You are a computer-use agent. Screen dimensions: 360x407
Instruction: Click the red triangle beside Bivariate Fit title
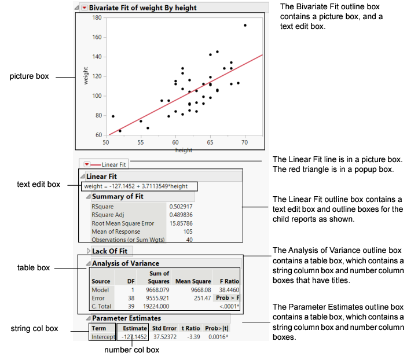[x=85, y=8]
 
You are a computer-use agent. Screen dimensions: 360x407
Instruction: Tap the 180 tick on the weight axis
[x=97, y=17]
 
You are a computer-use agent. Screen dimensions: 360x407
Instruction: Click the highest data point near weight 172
[x=245, y=25]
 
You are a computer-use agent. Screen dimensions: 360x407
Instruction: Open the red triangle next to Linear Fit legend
[x=87, y=164]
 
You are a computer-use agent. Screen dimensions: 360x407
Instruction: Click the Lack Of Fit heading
[x=110, y=251]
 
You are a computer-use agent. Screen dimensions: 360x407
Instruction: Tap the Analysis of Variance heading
[x=126, y=263]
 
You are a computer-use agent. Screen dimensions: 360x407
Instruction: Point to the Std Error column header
[x=164, y=328]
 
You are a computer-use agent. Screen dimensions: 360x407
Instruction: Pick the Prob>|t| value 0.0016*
[x=217, y=336]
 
